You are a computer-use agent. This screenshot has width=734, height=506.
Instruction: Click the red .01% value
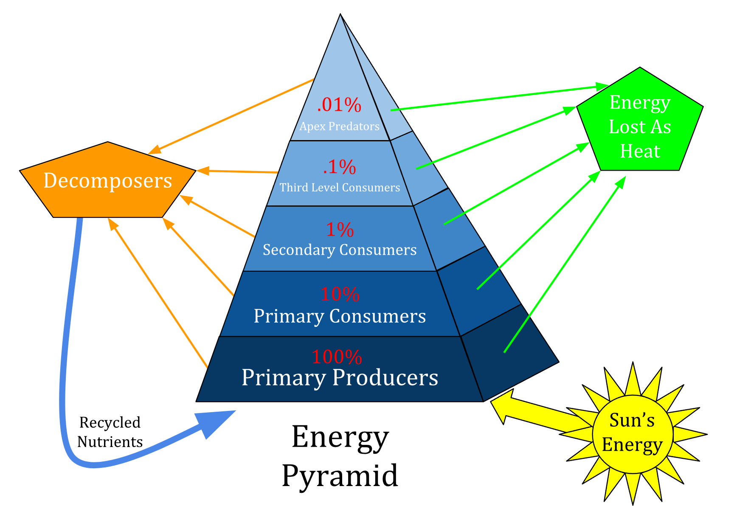click(339, 105)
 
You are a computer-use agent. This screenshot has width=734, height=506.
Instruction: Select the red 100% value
click(337, 357)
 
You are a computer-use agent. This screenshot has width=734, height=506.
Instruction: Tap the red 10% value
click(340, 294)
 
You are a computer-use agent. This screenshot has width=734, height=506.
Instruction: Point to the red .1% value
click(339, 167)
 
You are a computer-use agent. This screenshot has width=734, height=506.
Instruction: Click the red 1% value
click(340, 230)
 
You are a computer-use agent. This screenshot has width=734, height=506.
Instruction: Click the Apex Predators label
click(339, 126)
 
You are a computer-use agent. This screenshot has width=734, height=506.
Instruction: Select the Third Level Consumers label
click(340, 187)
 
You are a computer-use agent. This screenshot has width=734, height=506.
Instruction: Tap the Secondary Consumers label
click(340, 250)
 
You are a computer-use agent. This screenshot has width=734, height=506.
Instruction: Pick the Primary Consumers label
click(340, 316)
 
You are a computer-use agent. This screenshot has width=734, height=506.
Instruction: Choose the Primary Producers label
click(340, 377)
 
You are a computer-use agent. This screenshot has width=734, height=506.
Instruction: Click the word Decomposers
click(108, 180)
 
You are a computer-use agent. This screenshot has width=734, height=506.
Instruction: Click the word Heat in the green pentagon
click(640, 151)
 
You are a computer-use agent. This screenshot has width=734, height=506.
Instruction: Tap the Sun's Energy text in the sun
click(632, 433)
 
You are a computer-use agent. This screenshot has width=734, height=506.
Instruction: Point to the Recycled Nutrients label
click(110, 432)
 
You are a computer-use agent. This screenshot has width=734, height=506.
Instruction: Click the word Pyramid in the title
click(340, 475)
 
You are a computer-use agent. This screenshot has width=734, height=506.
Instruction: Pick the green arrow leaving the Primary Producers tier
click(565, 264)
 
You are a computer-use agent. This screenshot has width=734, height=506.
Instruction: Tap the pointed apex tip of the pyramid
click(340, 15)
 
